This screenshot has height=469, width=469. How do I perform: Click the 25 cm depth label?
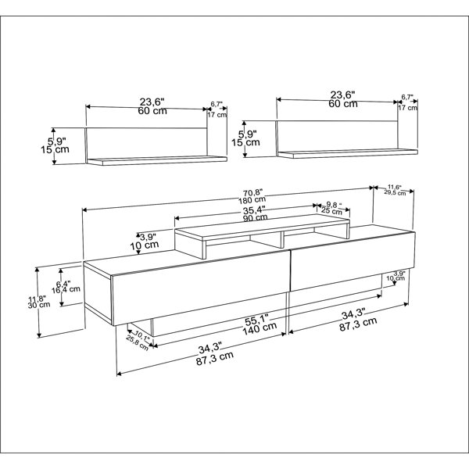pos(331,211)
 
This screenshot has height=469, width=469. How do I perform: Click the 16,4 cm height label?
pos(69,289)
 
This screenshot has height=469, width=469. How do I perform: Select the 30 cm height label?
pos(45,306)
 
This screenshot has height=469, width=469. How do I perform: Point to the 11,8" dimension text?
pos(45,297)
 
